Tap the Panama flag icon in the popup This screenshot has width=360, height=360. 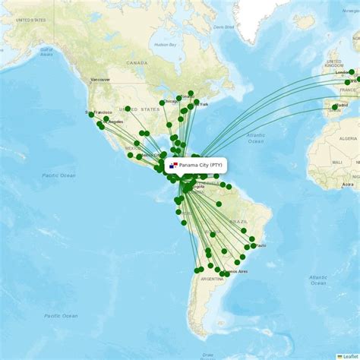click(174, 165)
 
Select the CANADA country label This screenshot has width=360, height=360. click(137, 63)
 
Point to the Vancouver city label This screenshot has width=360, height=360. click(100, 79)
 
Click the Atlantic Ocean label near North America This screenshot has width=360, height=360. click(255, 137)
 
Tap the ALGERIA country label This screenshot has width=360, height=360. click(348, 139)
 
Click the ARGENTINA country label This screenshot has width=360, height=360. click(211, 279)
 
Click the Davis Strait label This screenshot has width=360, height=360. click(224, 27)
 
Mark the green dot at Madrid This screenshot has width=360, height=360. click(334, 107)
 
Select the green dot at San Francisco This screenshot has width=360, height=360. click(90, 115)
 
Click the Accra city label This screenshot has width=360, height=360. click(347, 184)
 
